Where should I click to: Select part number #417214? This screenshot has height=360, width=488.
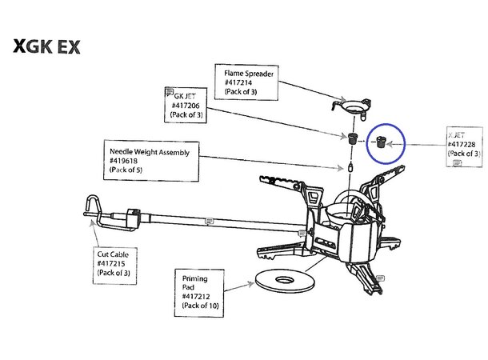pos(239,83)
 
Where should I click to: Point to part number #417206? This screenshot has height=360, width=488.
pos(186,104)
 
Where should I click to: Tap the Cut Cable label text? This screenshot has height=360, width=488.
pos(113,253)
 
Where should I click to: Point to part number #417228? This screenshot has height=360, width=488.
pos(464,142)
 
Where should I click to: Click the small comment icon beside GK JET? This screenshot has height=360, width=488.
pos(168,91)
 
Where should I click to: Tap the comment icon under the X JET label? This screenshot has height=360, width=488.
pos(456,162)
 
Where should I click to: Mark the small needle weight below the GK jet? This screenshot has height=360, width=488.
pos(350,168)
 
